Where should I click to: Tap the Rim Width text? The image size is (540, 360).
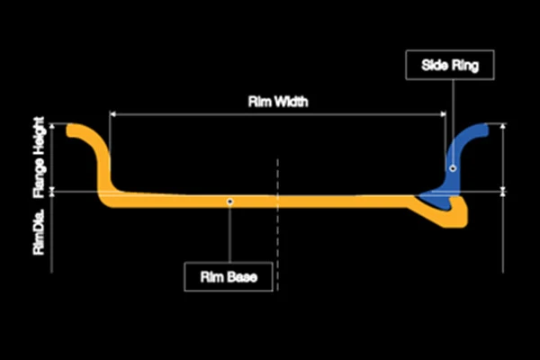(x=278, y=102)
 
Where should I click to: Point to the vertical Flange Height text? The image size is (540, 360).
(x=39, y=157)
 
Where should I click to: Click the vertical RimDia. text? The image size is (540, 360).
(x=39, y=231)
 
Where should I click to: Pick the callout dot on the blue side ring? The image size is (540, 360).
(x=453, y=168)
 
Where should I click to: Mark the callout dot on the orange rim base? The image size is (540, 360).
(x=230, y=202)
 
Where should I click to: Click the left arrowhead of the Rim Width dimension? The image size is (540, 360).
(x=112, y=114)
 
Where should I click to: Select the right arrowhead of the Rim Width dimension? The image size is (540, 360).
(x=443, y=114)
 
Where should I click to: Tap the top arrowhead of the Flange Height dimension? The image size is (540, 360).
(x=52, y=126)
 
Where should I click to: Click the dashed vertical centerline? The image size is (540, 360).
(x=277, y=225)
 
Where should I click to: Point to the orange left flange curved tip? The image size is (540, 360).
(x=70, y=130)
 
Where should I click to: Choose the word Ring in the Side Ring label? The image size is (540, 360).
(x=465, y=65)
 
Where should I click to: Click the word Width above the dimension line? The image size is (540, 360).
(x=291, y=102)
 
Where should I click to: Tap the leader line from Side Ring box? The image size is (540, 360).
(x=453, y=122)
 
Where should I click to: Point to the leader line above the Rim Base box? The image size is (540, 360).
(x=230, y=233)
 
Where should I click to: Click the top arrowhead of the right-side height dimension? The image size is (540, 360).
(x=503, y=126)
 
